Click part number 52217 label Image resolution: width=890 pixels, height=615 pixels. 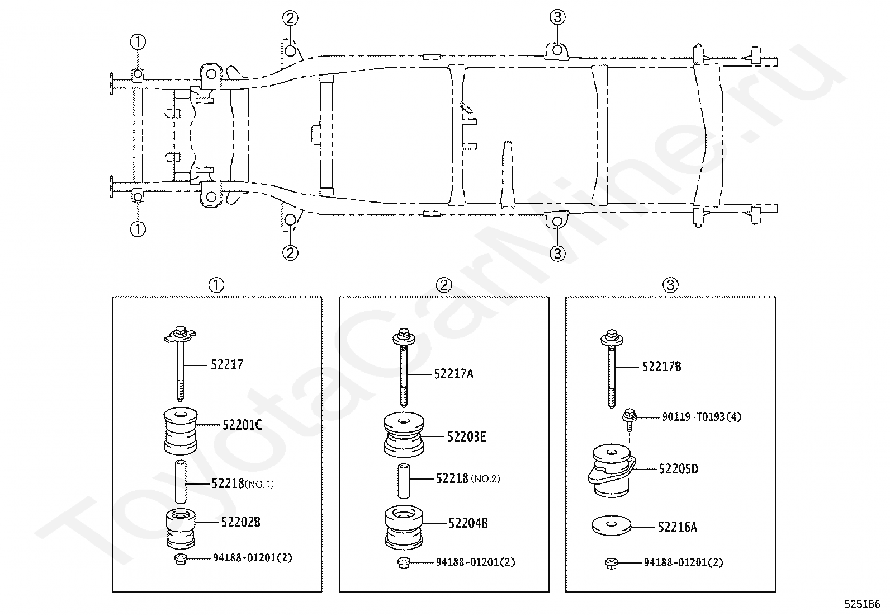point(227,364)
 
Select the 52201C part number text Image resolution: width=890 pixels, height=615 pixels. point(242,425)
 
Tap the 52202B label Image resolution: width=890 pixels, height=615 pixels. point(240,522)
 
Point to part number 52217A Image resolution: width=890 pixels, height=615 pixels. point(453,374)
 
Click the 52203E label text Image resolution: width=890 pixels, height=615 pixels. point(466,437)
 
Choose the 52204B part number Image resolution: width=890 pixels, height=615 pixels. point(468,523)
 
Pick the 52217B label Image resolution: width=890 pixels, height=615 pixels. point(661,367)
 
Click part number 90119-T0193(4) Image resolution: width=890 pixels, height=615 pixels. point(702,417)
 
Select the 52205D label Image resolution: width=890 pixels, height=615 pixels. point(678,469)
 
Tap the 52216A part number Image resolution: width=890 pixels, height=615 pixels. point(678,527)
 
